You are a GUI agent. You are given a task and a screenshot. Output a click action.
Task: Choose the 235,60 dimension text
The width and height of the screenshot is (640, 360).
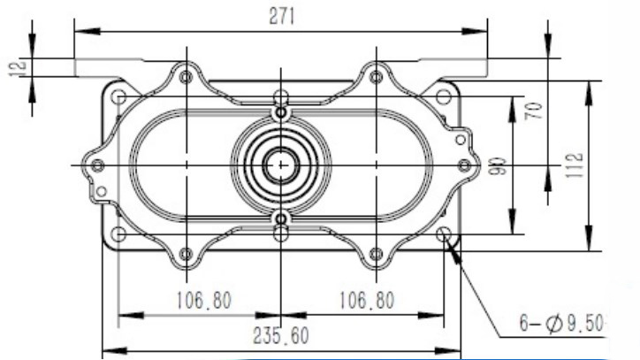click(x=281, y=336)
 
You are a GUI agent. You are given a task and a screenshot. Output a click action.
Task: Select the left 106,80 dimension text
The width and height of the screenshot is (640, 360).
click(x=204, y=301)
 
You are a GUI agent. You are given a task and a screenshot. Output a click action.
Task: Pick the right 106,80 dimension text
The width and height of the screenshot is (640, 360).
click(x=366, y=301)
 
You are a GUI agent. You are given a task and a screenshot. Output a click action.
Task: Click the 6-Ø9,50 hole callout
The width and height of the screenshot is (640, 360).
click(x=561, y=324)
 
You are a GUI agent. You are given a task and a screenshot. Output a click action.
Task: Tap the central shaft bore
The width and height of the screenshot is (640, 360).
click(x=281, y=165)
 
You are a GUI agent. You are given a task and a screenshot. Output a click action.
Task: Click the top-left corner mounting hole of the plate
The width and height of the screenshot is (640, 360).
click(x=118, y=96)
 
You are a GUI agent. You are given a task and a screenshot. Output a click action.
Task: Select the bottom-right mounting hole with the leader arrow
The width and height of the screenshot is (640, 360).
click(x=444, y=234)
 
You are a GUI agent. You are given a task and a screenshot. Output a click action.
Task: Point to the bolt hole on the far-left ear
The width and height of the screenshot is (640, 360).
click(x=97, y=165)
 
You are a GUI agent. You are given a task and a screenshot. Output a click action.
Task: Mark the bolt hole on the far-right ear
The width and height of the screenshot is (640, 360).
click(x=465, y=165)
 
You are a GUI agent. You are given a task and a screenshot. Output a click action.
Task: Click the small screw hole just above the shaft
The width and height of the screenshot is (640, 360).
click(x=281, y=114)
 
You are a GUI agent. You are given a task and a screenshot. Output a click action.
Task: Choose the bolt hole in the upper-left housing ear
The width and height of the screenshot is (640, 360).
click(x=186, y=78)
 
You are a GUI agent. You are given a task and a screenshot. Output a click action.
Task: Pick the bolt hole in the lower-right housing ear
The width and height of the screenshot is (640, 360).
click(x=377, y=254)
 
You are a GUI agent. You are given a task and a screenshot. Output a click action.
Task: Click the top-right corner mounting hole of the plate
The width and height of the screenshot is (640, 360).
click(x=444, y=96)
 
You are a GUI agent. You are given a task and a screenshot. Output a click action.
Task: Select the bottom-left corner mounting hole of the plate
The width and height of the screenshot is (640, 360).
click(x=118, y=234)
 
